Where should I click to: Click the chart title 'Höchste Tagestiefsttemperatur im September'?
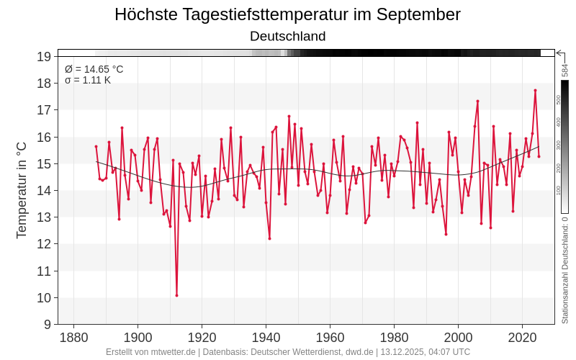[287, 14]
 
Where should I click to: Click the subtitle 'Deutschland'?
[287, 36]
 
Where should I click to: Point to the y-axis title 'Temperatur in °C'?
[22, 190]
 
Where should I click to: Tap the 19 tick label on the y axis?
[44, 57]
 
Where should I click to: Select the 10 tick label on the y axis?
[44, 298]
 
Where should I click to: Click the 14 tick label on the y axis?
[44, 191]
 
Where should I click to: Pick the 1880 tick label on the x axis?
[73, 338]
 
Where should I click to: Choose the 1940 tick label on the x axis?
[266, 338]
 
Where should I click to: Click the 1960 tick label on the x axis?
[330, 338]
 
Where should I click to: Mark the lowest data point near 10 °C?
[176, 295]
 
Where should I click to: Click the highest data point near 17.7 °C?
[535, 91]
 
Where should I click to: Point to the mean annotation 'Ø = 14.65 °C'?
[94, 69]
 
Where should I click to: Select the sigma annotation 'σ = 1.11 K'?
[88, 80]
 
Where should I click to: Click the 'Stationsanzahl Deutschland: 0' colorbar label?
[565, 270]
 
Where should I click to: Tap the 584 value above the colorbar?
[565, 71]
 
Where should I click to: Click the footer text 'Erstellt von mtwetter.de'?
[150, 352]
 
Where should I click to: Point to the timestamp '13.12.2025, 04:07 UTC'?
[426, 352]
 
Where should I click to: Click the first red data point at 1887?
[96, 146]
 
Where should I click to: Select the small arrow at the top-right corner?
[560, 53]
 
